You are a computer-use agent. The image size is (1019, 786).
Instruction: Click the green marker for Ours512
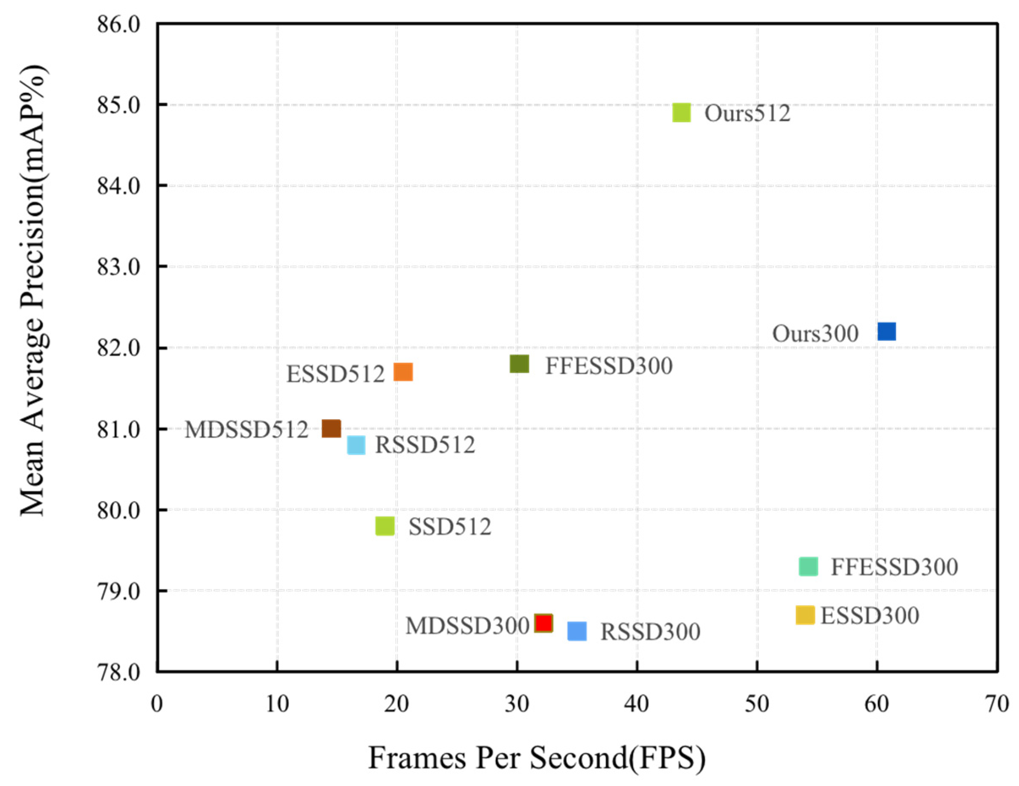point(682,113)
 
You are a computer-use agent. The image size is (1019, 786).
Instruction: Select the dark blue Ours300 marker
point(886,331)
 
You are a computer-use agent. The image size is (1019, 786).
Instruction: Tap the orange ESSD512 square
point(403,372)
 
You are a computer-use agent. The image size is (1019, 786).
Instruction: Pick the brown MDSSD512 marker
point(331,428)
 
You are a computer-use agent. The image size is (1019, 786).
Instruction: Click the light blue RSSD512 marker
point(356,445)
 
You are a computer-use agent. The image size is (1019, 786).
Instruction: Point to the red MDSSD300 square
point(544,623)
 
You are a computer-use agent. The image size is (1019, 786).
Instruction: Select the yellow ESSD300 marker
point(805,615)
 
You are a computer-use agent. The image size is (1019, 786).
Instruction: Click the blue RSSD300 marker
point(577,631)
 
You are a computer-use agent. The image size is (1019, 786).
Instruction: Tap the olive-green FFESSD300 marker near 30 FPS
point(519,364)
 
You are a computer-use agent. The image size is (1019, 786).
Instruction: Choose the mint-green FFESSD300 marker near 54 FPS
point(808,566)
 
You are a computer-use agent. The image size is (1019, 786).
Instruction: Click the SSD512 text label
point(450,527)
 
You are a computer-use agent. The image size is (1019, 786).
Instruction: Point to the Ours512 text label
point(747,113)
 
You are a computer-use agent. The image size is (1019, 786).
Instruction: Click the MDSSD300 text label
point(466,626)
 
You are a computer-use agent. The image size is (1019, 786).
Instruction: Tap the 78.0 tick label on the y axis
point(119,672)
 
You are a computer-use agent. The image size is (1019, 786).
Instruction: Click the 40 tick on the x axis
point(637,703)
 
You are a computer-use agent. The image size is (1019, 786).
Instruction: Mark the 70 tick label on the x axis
point(997,703)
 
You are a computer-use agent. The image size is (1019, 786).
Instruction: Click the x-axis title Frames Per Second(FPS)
point(536,757)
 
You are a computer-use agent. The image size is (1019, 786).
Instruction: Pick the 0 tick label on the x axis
point(157,703)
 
